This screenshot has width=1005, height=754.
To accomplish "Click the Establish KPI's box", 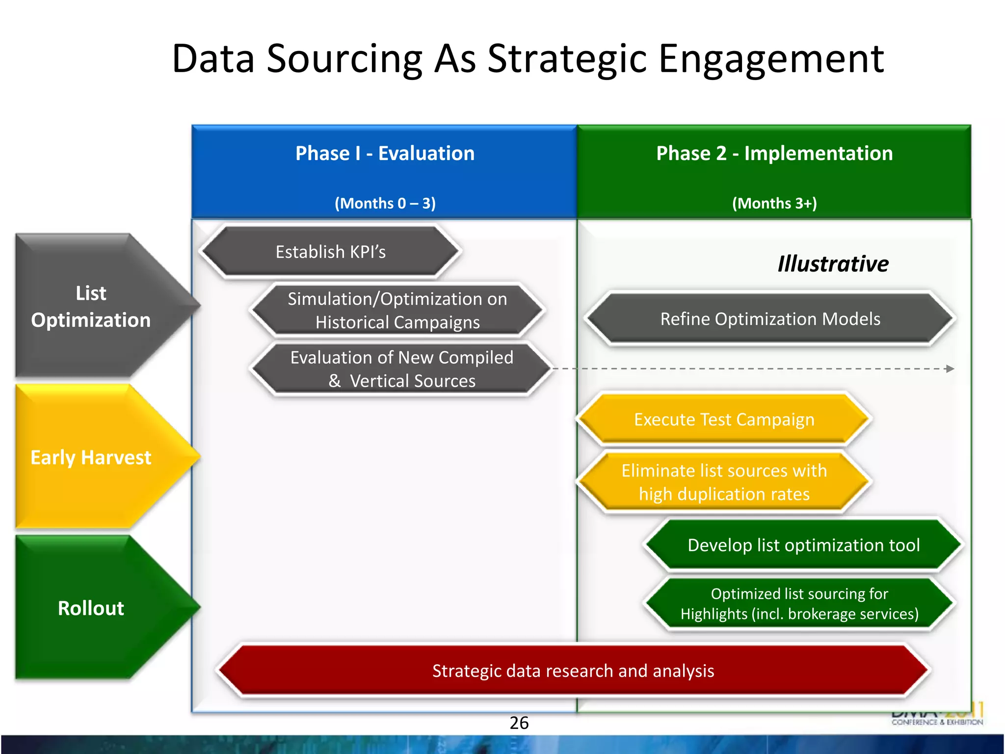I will [x=330, y=252].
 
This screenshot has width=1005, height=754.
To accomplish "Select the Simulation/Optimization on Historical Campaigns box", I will [x=397, y=310].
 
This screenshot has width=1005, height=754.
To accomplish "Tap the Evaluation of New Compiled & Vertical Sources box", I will [x=401, y=369].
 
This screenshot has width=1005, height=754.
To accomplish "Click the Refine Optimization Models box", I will [x=770, y=319].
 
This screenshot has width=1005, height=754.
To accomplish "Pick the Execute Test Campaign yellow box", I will [x=724, y=420].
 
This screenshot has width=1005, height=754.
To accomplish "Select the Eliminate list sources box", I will [x=724, y=482].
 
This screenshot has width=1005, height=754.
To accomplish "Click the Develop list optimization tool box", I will [x=803, y=545].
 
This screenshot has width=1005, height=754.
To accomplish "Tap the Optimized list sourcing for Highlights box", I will [x=799, y=604].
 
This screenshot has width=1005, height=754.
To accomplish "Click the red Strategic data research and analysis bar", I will [x=573, y=671].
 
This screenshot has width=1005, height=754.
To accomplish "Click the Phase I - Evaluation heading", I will [x=385, y=153].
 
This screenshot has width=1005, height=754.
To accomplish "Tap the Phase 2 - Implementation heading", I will [x=774, y=153].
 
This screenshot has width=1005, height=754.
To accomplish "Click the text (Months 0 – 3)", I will [x=385, y=203].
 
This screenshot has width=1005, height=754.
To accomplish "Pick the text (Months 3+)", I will [x=774, y=203].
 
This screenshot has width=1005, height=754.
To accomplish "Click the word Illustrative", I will [x=833, y=264].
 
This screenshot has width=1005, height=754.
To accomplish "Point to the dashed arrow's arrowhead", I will [x=951, y=369].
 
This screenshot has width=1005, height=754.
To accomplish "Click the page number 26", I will [x=519, y=723].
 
